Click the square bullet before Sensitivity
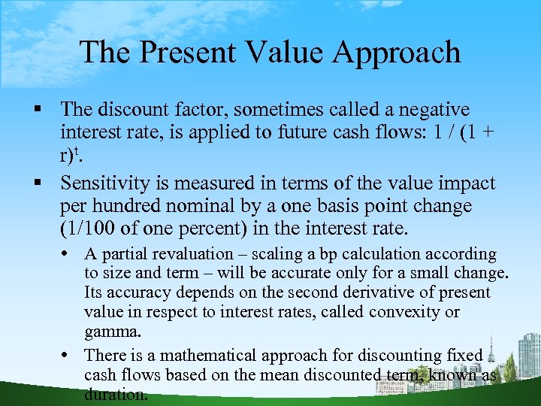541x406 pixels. point(47,184)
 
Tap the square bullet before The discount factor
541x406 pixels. point(47,111)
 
